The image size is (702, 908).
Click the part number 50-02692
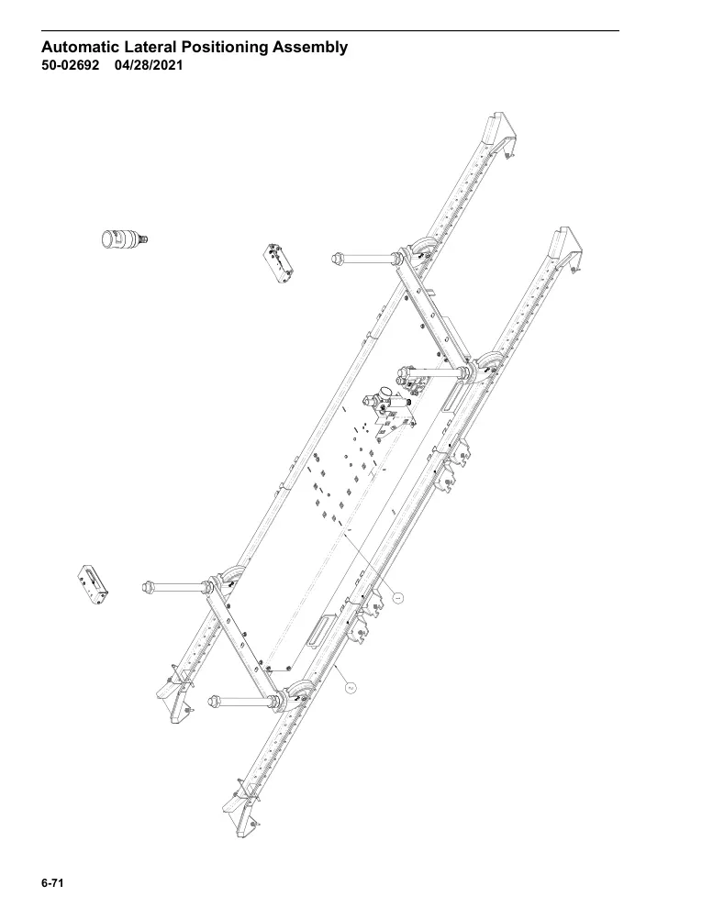tap(70, 65)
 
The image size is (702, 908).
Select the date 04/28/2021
tap(149, 65)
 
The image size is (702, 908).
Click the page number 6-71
tap(51, 883)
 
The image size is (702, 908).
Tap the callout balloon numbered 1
tap(397, 596)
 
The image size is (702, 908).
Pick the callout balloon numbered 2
tap(351, 687)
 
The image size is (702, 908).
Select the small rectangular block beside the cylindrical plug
tap(278, 263)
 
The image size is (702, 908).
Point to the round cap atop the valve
tap(382, 392)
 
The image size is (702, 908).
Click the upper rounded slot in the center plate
tap(454, 397)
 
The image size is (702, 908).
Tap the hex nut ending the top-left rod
tap(336, 259)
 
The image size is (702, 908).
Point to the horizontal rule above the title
tap(330, 30)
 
